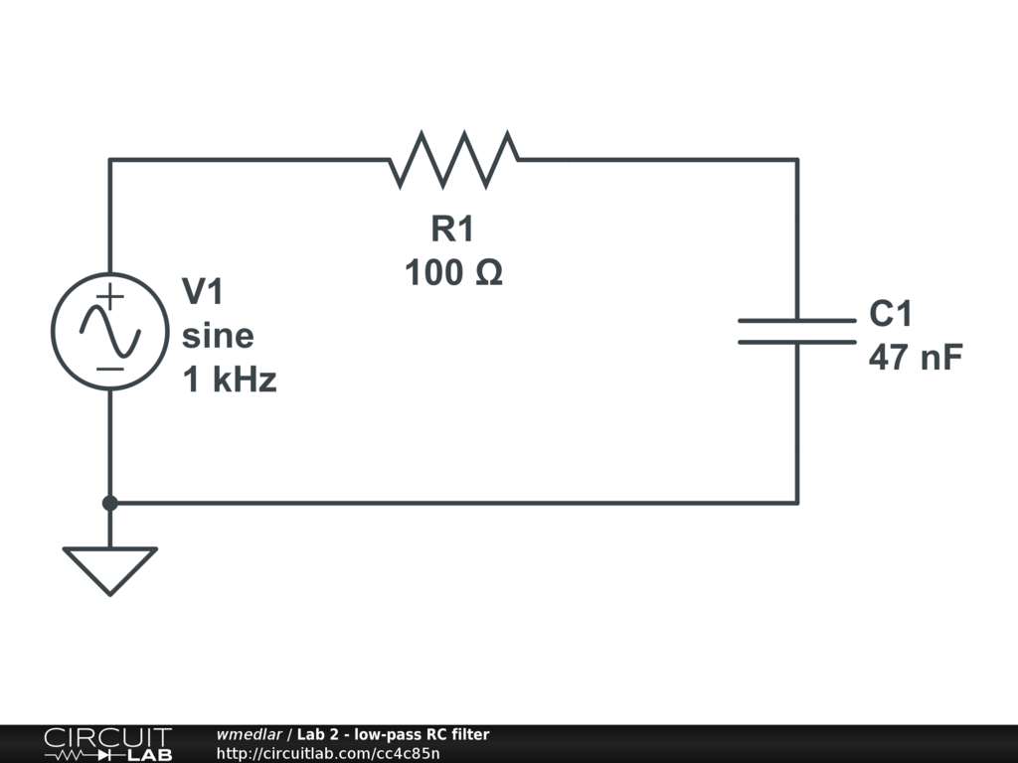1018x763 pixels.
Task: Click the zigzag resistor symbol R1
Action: [x=453, y=159]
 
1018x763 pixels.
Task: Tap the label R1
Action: [x=453, y=229]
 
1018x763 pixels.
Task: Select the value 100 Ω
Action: [x=453, y=272]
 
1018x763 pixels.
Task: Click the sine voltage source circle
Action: [x=109, y=331]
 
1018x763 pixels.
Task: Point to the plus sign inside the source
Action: [x=110, y=295]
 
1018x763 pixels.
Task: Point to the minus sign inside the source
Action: [x=110, y=369]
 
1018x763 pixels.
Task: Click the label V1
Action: [x=204, y=292]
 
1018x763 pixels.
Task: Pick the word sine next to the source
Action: [x=218, y=336]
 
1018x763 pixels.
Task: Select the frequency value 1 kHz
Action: [x=230, y=380]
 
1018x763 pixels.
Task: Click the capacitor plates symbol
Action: [x=796, y=332]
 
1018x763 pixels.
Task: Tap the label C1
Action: [x=891, y=314]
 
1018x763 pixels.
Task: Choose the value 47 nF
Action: [x=916, y=358]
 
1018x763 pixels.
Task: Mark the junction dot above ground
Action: [x=109, y=503]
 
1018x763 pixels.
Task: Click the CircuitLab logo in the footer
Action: [x=107, y=744]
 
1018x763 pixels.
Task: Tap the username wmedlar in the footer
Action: [x=250, y=735]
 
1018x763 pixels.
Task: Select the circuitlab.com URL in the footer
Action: [x=327, y=754]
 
